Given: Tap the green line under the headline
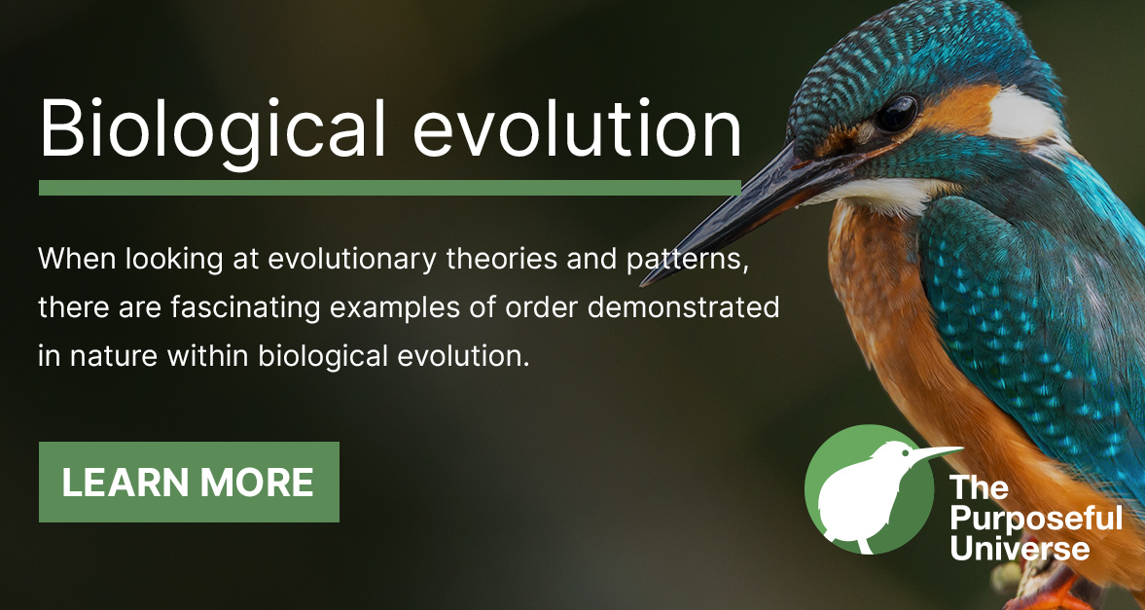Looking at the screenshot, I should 389,187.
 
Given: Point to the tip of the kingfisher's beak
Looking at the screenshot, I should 644,283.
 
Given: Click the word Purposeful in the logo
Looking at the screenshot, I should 1035,518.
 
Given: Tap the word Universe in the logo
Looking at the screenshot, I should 1020,549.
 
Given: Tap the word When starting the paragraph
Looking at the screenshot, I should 71,262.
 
